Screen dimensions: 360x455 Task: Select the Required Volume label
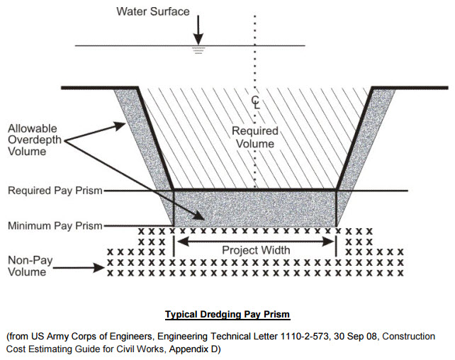256,137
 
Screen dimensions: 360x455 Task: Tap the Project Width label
255,250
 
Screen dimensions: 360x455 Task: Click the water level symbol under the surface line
198,50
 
